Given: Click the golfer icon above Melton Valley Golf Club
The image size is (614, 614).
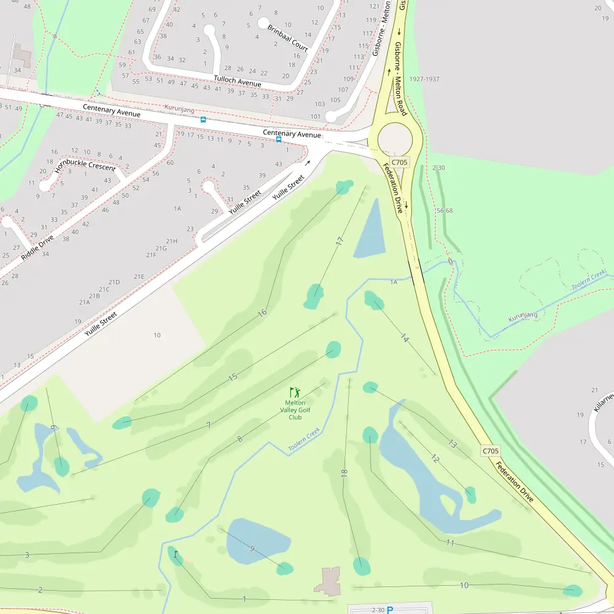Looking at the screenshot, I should click(295, 392).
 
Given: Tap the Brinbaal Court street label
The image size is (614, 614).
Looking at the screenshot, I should click(288, 37).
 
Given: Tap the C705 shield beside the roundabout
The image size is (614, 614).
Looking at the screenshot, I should click(400, 163).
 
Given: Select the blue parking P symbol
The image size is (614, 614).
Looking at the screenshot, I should click(389, 610).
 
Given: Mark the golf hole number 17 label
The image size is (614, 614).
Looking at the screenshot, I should click(340, 241).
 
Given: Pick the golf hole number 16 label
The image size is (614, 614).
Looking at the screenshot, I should click(262, 313).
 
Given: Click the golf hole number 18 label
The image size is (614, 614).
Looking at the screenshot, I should click(344, 473).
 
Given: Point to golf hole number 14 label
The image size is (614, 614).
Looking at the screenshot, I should click(404, 337).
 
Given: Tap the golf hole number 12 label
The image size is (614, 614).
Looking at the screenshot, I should click(435, 458).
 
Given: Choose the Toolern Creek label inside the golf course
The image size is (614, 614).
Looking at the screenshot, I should click(304, 440).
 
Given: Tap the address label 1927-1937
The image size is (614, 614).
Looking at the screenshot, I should click(424, 79).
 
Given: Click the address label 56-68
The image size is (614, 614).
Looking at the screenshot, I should click(445, 211).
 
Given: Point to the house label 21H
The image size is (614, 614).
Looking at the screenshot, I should click(171, 241).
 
